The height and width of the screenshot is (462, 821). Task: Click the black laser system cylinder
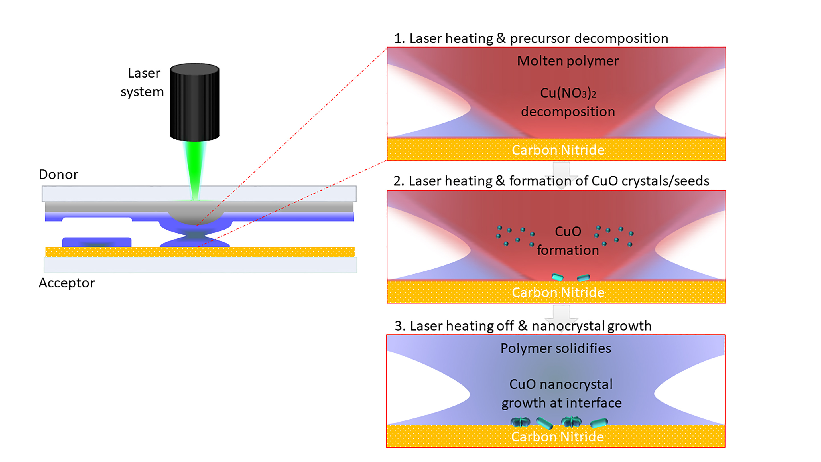194,102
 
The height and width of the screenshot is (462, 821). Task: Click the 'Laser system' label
143,82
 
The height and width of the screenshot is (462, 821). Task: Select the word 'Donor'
58,175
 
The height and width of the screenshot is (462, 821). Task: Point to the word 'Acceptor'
67,283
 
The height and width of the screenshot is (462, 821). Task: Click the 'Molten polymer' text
568,61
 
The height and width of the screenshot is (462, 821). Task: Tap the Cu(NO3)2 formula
568,93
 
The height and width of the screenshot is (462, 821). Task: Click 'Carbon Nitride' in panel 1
558,150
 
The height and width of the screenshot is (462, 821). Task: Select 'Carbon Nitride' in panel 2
558,292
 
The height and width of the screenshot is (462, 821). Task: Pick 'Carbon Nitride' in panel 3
557,437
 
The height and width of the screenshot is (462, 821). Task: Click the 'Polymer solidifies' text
556,348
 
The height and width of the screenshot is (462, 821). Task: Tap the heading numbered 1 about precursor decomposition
531,38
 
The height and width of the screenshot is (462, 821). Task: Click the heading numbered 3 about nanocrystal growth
523,326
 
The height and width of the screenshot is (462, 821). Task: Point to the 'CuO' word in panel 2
568,232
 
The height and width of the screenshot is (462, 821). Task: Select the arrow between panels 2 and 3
561,316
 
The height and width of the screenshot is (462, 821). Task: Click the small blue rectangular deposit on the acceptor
97,242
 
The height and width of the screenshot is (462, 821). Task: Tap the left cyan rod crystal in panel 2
557,277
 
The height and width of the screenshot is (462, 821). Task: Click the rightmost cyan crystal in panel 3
599,423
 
